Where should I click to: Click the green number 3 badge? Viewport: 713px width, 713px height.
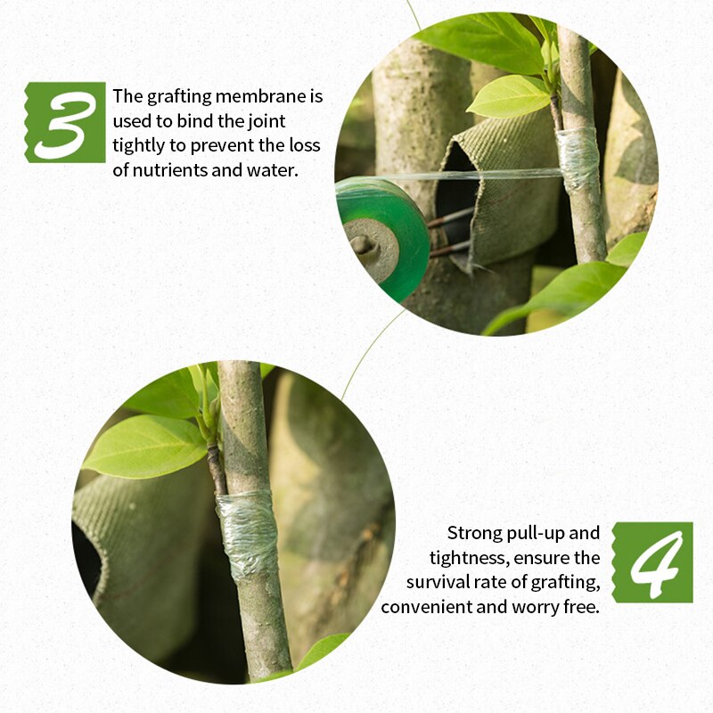[x=65, y=122]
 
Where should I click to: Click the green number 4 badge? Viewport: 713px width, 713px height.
[x=652, y=562]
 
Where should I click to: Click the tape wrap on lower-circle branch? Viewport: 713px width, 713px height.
[x=248, y=533]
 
